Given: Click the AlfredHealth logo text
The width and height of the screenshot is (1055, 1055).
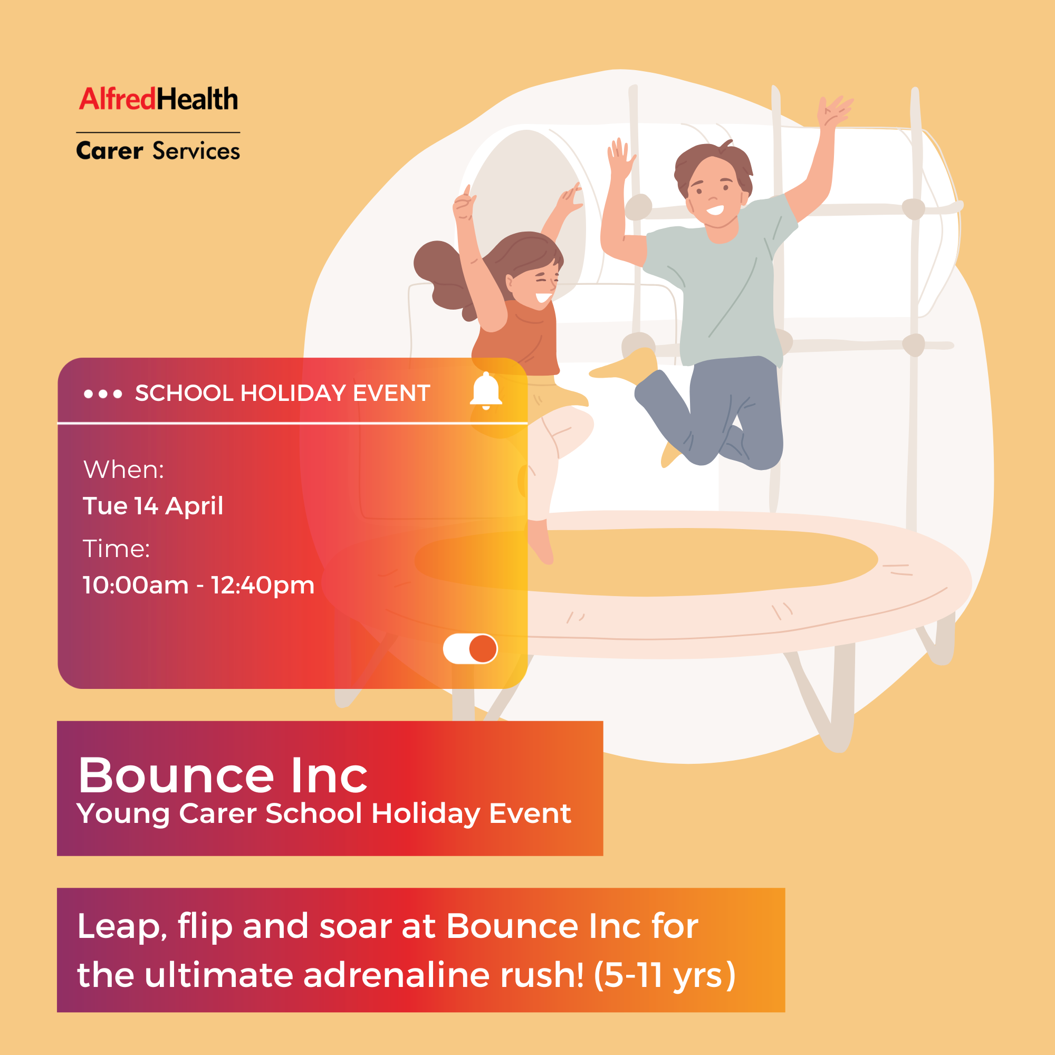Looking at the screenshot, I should tap(158, 99).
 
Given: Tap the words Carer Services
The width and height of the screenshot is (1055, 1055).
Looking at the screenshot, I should tap(158, 151).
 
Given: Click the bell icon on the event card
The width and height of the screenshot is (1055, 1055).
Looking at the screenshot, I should tap(485, 390).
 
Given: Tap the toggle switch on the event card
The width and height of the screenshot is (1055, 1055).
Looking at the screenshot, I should tap(470, 649).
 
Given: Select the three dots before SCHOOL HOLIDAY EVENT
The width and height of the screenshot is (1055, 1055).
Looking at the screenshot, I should tap(103, 394).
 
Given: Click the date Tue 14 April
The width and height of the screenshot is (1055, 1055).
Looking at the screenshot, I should tap(153, 506).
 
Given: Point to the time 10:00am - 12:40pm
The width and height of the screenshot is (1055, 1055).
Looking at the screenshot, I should tap(199, 586).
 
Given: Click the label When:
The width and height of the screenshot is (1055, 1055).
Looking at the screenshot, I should tap(123, 469).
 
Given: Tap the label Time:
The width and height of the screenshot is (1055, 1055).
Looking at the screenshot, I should tap(116, 549).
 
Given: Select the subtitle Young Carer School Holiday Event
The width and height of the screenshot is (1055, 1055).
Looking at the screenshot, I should tap(323, 813).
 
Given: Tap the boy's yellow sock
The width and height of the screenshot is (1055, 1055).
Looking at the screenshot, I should tap(634, 366).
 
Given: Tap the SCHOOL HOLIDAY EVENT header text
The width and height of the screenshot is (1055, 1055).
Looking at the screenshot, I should tap(282, 393).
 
